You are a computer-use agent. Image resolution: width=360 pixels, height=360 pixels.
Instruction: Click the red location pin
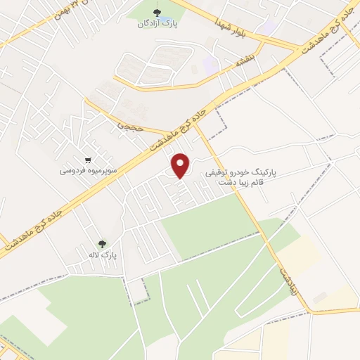(x=182, y=165)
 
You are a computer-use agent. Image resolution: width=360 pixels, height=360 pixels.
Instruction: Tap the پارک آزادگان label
(x=159, y=23)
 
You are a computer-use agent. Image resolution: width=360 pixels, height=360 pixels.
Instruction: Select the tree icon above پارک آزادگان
(x=158, y=12)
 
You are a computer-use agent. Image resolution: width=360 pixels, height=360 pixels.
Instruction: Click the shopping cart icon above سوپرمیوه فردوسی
(x=88, y=160)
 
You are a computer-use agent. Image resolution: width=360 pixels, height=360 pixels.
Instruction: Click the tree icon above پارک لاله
(x=104, y=244)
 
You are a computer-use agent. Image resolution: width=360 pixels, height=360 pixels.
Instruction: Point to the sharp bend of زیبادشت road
(x=307, y=310)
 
